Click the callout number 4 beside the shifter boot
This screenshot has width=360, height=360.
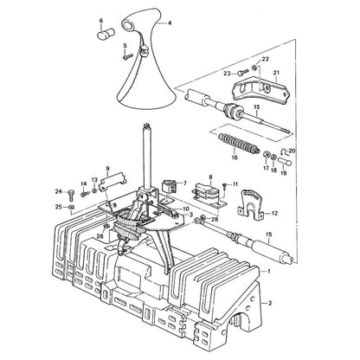170,22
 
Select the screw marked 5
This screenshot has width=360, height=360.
128,56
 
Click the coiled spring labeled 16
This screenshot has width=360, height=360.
239,143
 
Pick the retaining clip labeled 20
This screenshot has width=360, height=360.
284,151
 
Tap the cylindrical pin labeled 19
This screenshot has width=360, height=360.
285,161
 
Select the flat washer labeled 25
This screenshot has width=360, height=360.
72,207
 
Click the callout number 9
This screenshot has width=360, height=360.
107,168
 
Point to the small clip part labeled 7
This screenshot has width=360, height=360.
169,186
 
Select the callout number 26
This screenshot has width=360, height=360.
100,235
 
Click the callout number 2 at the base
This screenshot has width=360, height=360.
270,303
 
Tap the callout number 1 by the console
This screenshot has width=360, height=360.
269,272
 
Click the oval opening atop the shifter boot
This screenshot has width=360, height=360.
128,25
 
